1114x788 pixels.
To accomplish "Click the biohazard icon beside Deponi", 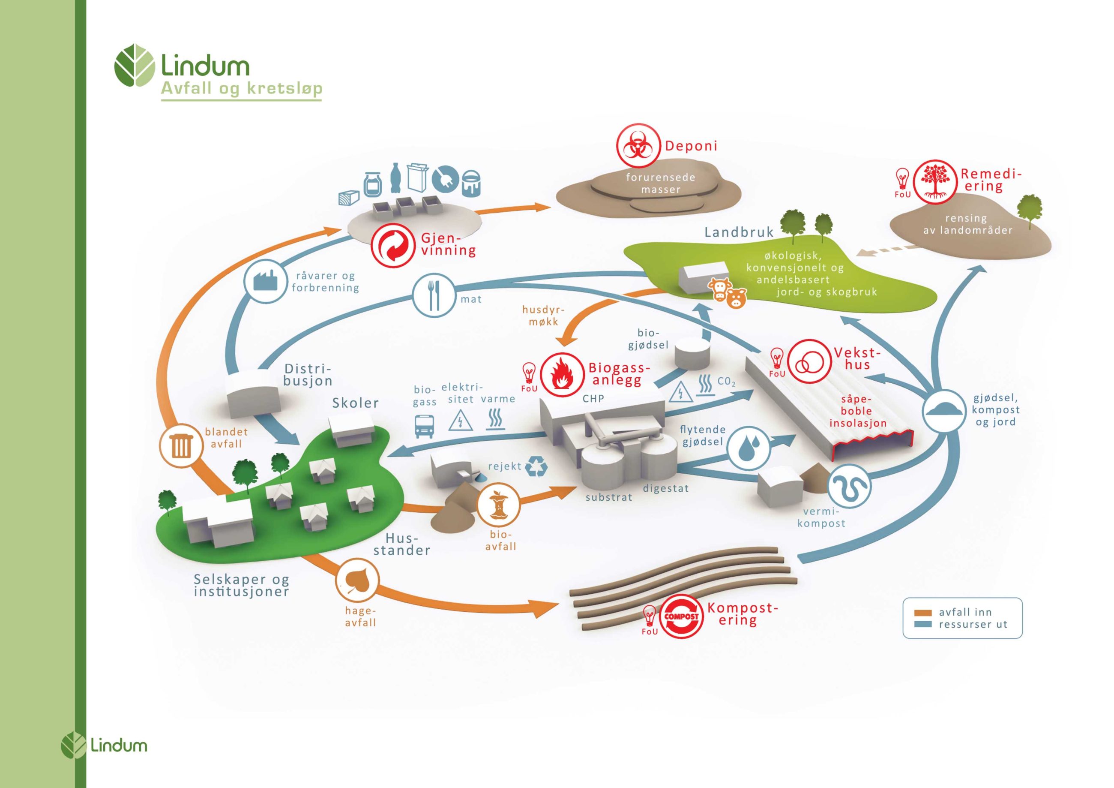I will pos(638,146).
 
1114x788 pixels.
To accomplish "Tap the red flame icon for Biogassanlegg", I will pos(562,374).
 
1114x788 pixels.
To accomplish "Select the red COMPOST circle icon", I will pos(681,616).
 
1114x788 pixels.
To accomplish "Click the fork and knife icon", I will pos(433,296).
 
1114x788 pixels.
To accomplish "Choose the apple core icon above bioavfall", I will pos(498,505).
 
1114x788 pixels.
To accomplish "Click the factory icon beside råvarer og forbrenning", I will pos(265,281).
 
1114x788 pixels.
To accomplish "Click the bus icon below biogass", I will pos(424,426).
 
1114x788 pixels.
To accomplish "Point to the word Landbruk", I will pos(739,232).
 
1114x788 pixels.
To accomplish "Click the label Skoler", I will pos(355,403).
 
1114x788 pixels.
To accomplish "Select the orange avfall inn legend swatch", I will pos(922,613).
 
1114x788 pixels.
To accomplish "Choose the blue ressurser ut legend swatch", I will pos(922,624).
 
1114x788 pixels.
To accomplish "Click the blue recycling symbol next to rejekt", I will pos(536,466).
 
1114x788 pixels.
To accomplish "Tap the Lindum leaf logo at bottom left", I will pos(73,745).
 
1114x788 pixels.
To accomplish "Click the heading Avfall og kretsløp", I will pos(242,88).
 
